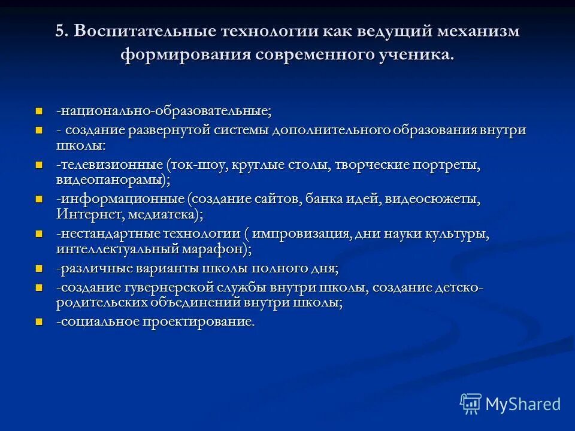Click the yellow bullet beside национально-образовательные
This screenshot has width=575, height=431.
click(40, 111)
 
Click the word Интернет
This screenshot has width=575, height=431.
click(84, 213)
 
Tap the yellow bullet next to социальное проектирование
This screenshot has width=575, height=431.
click(40, 321)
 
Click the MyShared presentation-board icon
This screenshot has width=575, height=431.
click(470, 404)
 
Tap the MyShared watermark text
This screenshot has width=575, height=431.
click(523, 404)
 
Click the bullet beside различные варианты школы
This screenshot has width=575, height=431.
click(40, 268)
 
